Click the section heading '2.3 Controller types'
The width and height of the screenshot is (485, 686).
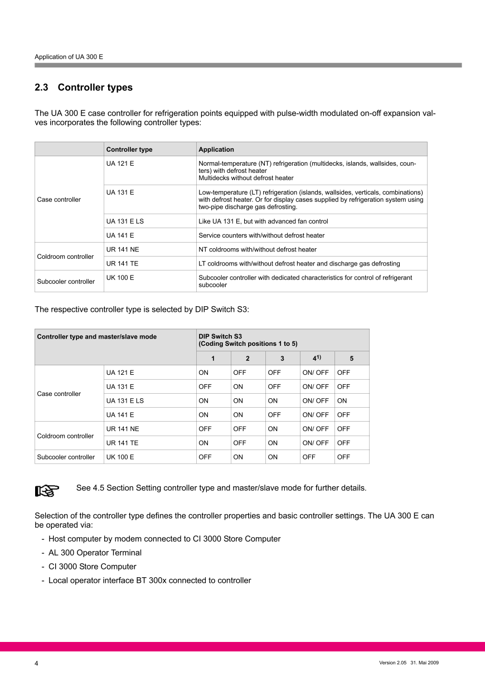84,88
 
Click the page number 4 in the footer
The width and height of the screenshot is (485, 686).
37,664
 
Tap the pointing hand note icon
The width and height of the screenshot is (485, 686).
47,490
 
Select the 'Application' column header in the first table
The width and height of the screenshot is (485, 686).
216,149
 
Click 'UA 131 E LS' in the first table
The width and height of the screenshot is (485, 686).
125,221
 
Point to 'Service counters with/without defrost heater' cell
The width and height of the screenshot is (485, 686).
261,235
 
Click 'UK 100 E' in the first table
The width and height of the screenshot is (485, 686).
120,278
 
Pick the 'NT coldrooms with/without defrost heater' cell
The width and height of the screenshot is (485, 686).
258,250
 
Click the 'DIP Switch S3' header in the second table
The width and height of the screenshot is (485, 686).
220,336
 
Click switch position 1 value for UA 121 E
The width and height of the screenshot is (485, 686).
203,373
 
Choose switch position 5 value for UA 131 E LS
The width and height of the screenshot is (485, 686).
342,400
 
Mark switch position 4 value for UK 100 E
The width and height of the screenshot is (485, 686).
309,457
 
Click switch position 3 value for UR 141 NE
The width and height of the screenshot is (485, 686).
273,429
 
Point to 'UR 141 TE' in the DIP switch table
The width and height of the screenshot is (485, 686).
123,443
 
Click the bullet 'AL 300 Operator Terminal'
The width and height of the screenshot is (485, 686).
95,553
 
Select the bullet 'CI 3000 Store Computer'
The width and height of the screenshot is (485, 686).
93,567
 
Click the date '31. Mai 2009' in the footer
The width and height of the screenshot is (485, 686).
425,663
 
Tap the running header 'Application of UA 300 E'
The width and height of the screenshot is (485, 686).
69,57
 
